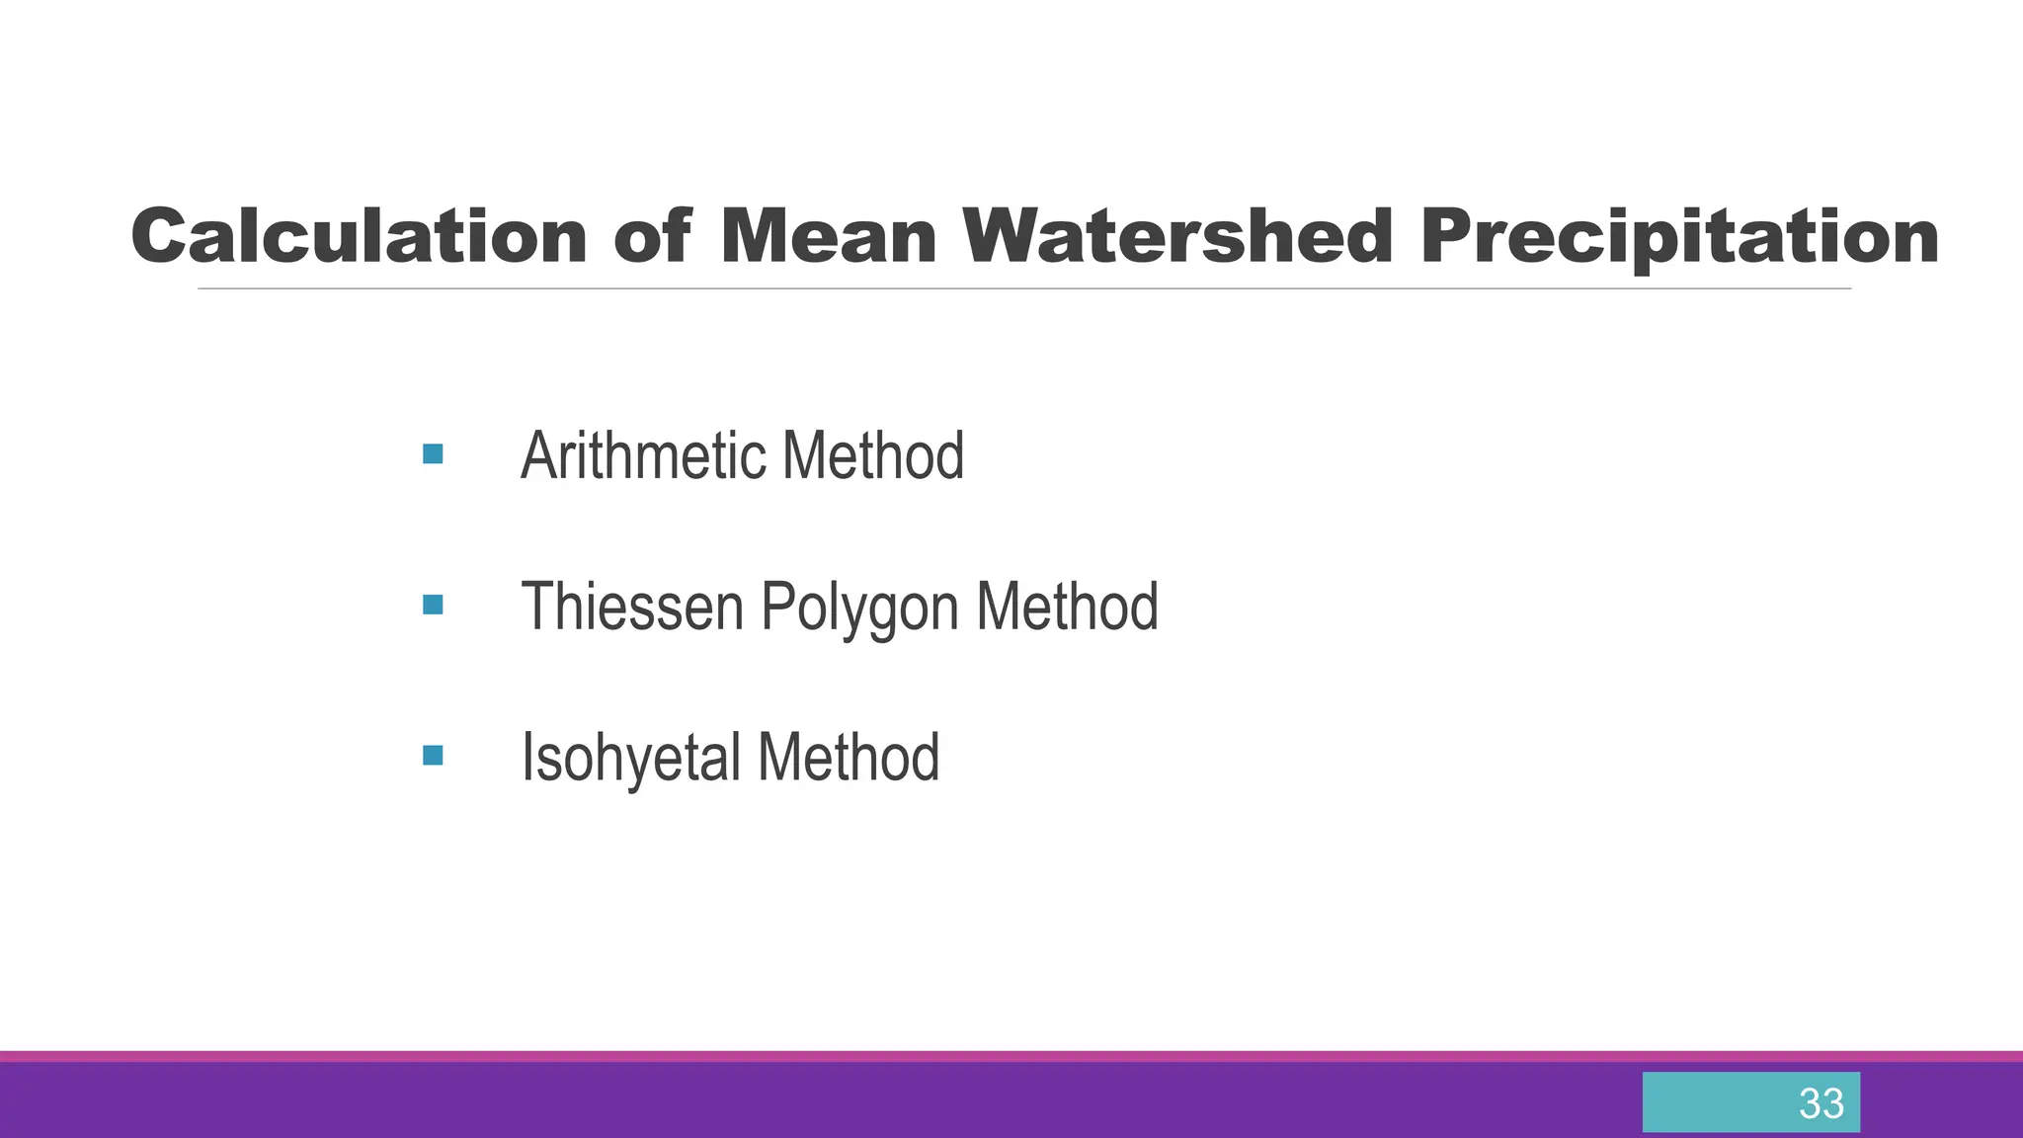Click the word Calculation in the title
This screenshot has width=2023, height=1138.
pyautogui.click(x=359, y=237)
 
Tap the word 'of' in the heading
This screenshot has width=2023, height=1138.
pyautogui.click(x=652, y=237)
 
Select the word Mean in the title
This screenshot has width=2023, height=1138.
pyautogui.click(x=828, y=237)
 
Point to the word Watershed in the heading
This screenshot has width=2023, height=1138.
pyautogui.click(x=1177, y=237)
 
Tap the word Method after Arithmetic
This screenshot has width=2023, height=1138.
pyautogui.click(x=872, y=455)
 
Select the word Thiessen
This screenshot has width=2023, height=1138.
pyautogui.click(x=631, y=606)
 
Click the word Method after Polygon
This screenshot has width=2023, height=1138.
pyautogui.click(x=1067, y=606)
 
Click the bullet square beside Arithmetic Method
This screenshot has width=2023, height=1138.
pyautogui.click(x=433, y=454)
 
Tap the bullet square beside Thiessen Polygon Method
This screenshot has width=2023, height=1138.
pyautogui.click(x=433, y=605)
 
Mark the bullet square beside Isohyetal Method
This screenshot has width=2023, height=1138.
pyautogui.click(x=433, y=756)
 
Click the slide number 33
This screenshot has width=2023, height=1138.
pyautogui.click(x=1821, y=1103)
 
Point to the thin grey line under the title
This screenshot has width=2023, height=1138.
pyautogui.click(x=1023, y=288)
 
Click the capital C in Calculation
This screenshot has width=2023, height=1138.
pyautogui.click(x=159, y=237)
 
